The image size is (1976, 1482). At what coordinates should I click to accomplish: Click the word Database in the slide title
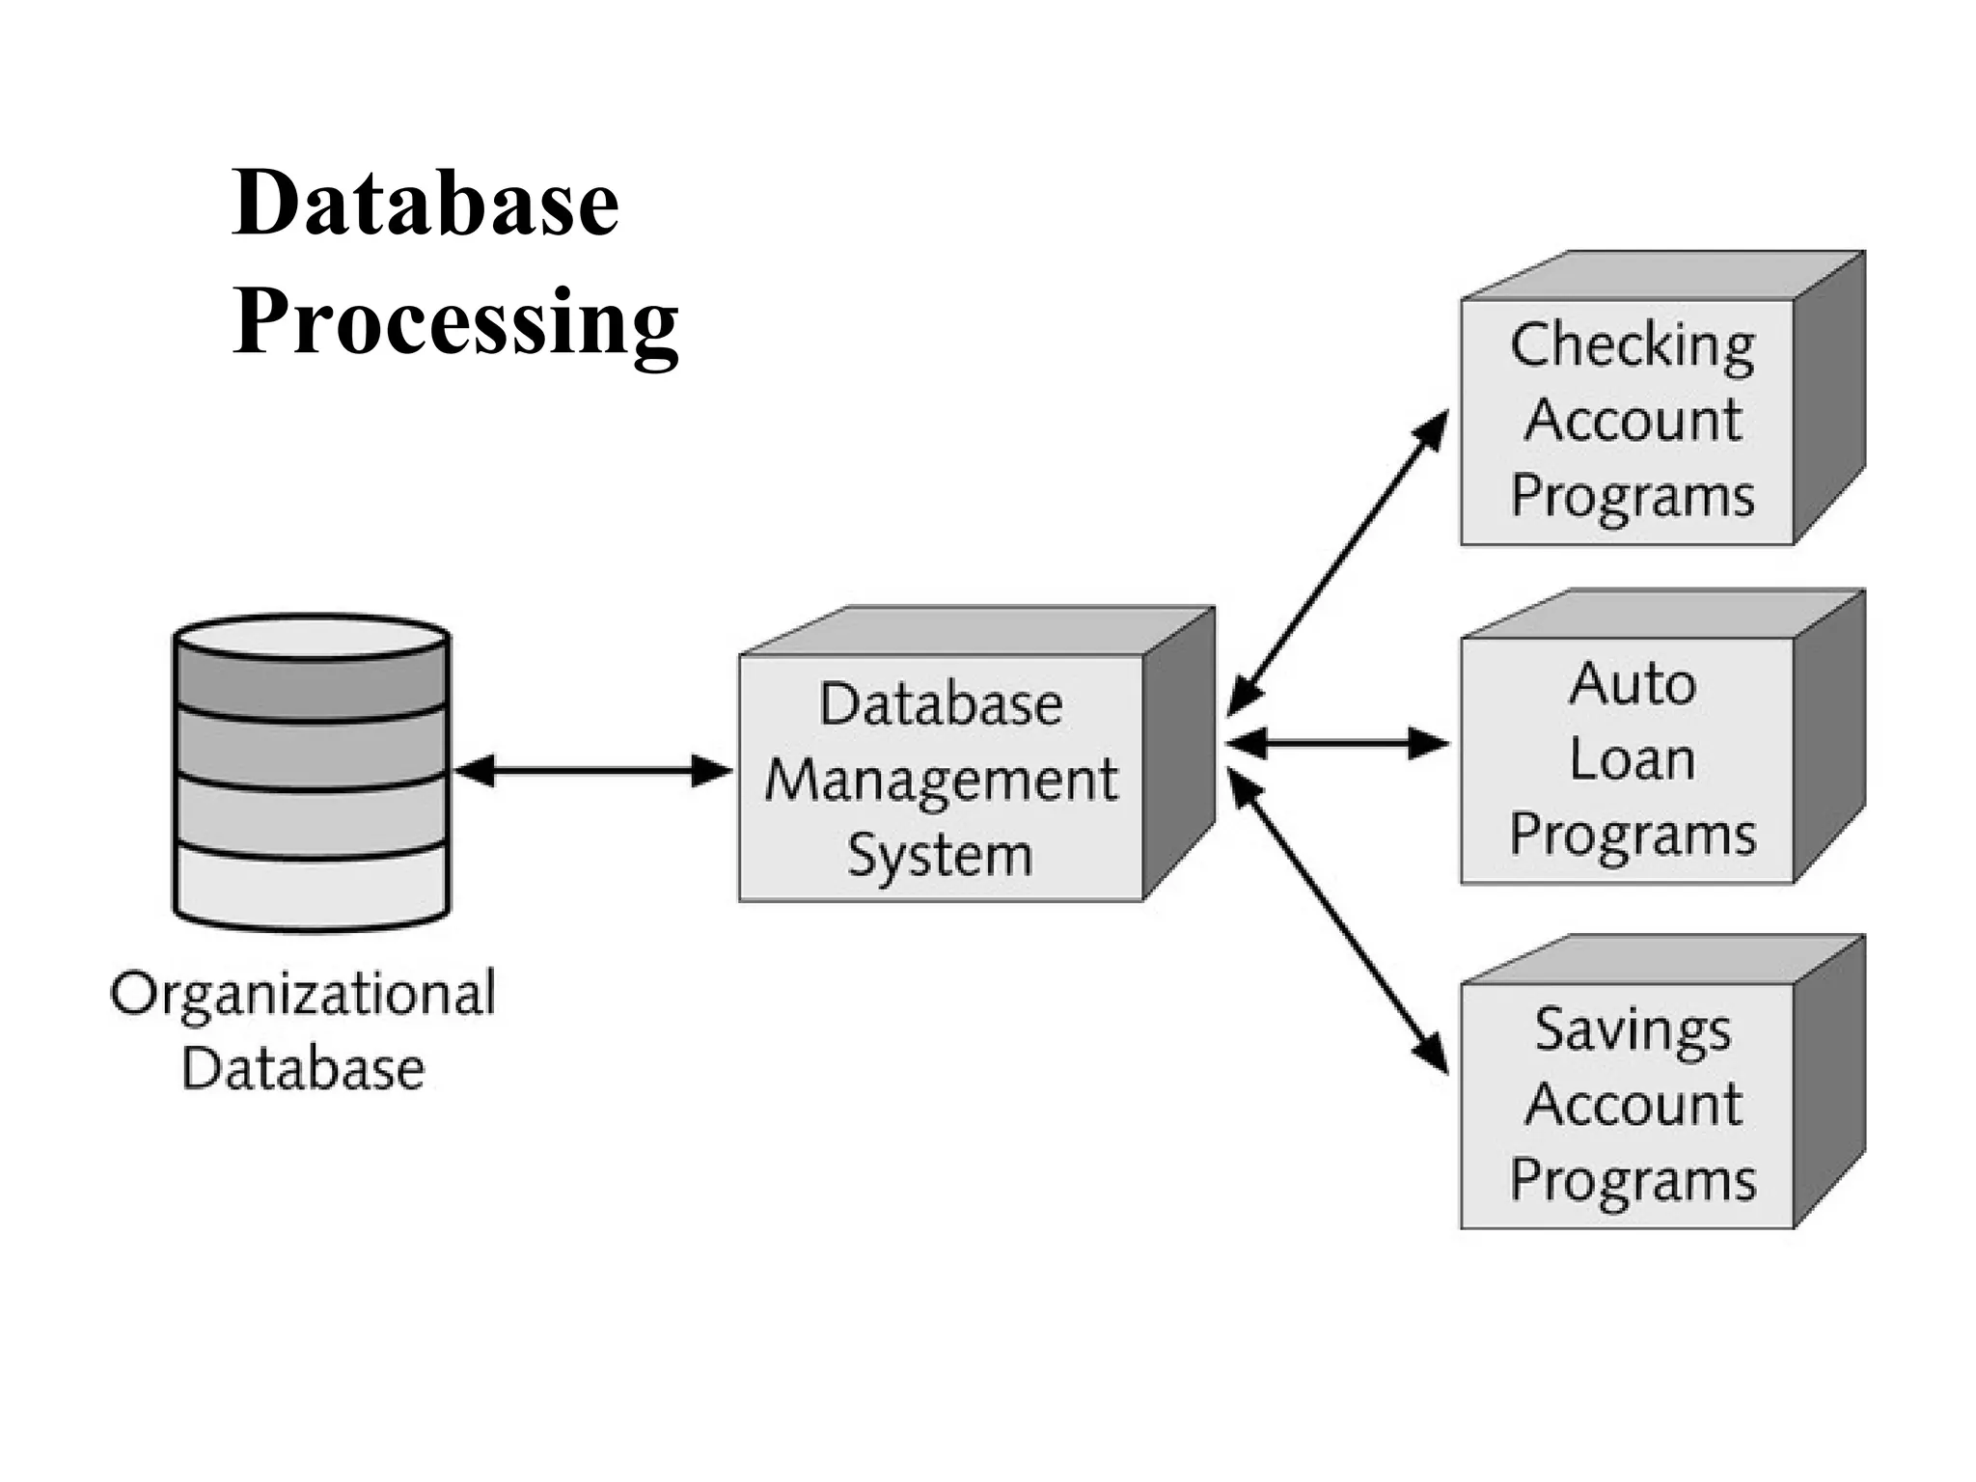point(425,204)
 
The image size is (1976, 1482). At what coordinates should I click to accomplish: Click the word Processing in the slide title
point(455,323)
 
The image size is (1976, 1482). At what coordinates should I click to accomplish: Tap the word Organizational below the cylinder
point(303,994)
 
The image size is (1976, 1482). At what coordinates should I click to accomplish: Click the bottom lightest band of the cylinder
point(312,883)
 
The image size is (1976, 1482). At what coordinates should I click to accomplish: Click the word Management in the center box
point(941,780)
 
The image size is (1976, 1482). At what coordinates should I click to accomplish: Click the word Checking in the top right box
point(1633,345)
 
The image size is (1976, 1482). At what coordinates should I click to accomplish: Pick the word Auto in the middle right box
point(1633,684)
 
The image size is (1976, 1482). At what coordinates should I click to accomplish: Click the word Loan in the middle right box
point(1633,759)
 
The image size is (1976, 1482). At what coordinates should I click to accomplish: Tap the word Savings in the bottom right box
point(1633,1030)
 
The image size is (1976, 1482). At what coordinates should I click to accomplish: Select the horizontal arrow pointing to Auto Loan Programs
point(1338,744)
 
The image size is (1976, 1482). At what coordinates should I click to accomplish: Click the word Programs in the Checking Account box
point(1633,497)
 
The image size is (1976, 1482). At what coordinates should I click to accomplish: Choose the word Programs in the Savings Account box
point(1633,1180)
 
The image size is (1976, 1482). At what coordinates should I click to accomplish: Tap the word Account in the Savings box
point(1633,1105)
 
